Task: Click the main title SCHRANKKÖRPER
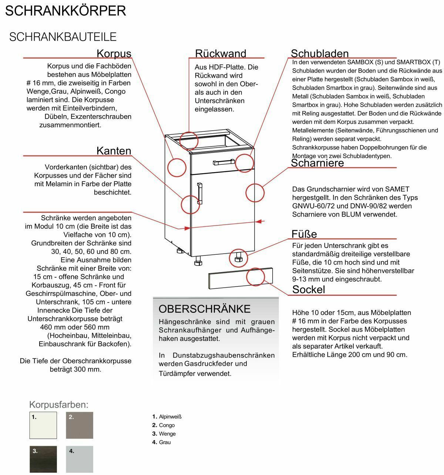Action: click(65, 11)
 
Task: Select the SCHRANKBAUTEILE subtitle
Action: click(63, 37)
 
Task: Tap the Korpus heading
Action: click(114, 54)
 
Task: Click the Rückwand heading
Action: click(221, 54)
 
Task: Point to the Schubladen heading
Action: click(320, 54)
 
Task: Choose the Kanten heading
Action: click(114, 151)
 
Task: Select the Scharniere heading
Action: click(317, 163)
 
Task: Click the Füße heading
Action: click(304, 234)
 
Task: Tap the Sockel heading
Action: click(309, 290)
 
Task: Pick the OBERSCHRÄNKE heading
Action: click(205, 309)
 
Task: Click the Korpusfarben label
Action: click(59, 404)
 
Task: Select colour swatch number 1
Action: click(43, 425)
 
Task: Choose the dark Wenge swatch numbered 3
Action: click(43, 459)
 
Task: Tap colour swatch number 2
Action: click(80, 425)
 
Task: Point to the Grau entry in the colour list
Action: click(165, 442)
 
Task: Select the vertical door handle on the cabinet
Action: click(200, 193)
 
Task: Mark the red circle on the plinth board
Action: click(255, 277)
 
